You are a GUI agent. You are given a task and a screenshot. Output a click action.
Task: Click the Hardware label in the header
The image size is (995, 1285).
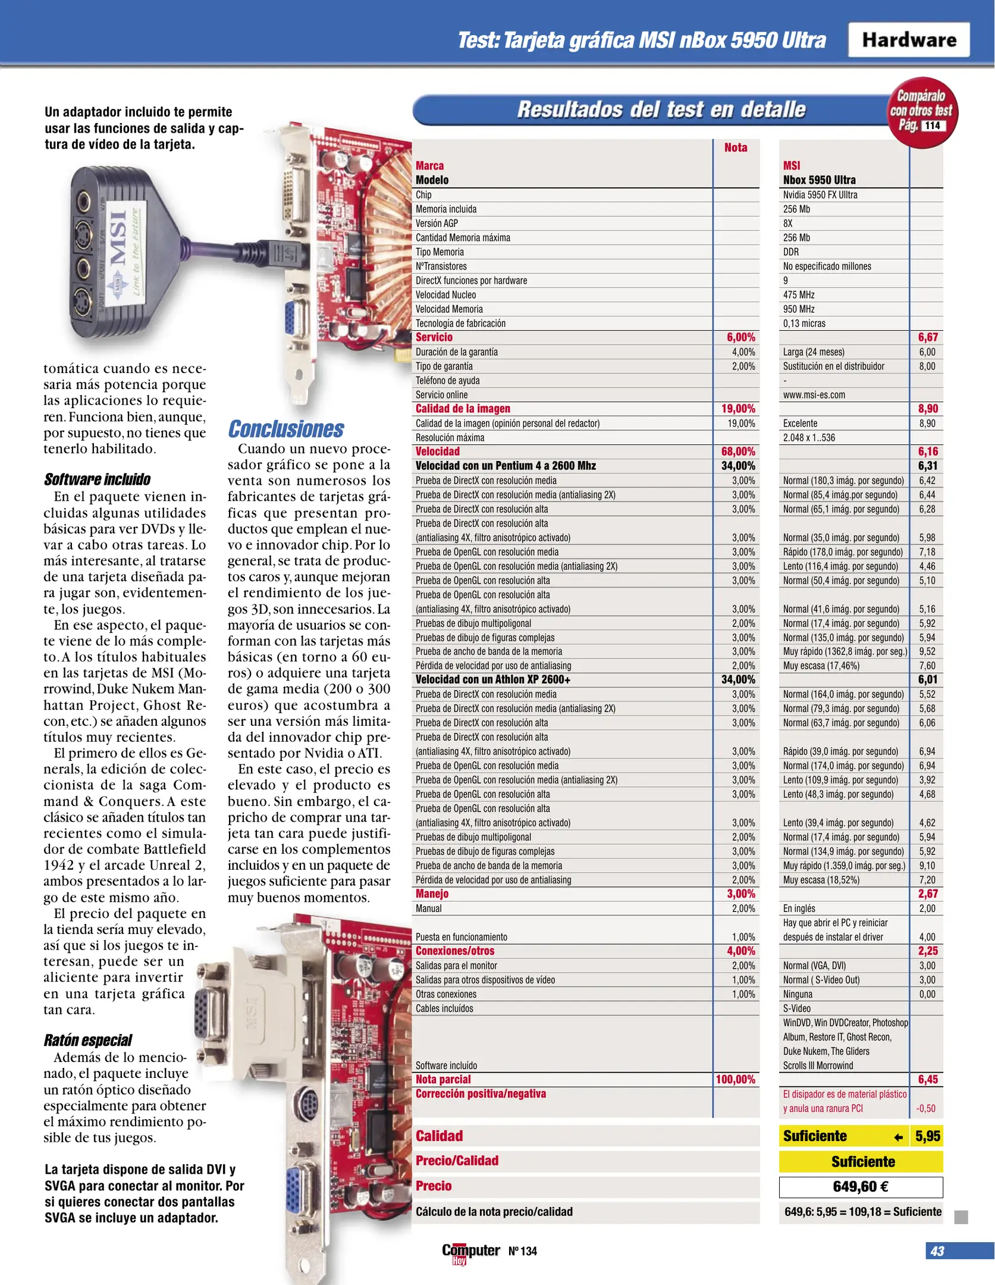[x=909, y=40]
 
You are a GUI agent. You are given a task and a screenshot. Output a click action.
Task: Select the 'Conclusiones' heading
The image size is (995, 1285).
[x=286, y=429]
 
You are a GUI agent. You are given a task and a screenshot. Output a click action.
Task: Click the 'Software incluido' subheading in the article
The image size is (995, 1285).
[x=97, y=479]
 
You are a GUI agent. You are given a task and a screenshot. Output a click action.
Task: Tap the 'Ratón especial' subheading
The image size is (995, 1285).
[x=88, y=1040]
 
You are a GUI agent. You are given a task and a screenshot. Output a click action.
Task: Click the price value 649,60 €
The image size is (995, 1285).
[x=861, y=1187]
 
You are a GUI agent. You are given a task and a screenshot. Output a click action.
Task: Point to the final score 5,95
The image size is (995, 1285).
[x=928, y=1136]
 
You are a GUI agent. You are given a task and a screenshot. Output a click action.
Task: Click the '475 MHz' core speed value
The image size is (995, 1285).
[x=799, y=295]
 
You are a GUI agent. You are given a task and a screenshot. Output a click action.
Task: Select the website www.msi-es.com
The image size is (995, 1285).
[x=814, y=395]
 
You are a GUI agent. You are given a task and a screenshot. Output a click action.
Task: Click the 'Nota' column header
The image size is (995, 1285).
[x=736, y=148]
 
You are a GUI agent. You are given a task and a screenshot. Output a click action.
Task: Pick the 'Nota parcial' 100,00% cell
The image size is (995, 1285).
[x=735, y=1079]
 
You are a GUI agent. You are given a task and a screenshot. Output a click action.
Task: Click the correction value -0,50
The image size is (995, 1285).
[x=925, y=1108]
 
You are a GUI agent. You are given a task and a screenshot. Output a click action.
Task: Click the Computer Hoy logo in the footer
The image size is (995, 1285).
[x=470, y=1252]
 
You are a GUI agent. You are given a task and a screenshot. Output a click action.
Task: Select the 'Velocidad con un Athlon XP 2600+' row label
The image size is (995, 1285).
[x=493, y=679]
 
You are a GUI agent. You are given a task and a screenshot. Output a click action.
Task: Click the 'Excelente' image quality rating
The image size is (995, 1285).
[x=800, y=424]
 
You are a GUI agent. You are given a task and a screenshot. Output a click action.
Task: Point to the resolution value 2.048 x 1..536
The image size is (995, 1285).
[x=809, y=438]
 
